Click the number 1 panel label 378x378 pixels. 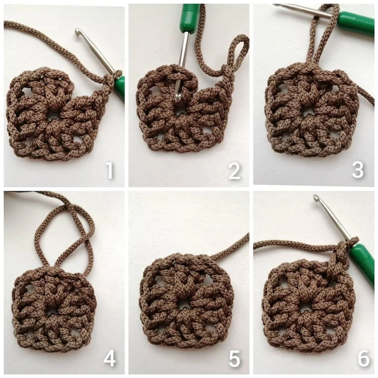(110, 170)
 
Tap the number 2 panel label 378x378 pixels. (234, 171)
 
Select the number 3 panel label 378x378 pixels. (358, 170)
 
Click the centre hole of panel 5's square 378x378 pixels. (181, 305)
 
